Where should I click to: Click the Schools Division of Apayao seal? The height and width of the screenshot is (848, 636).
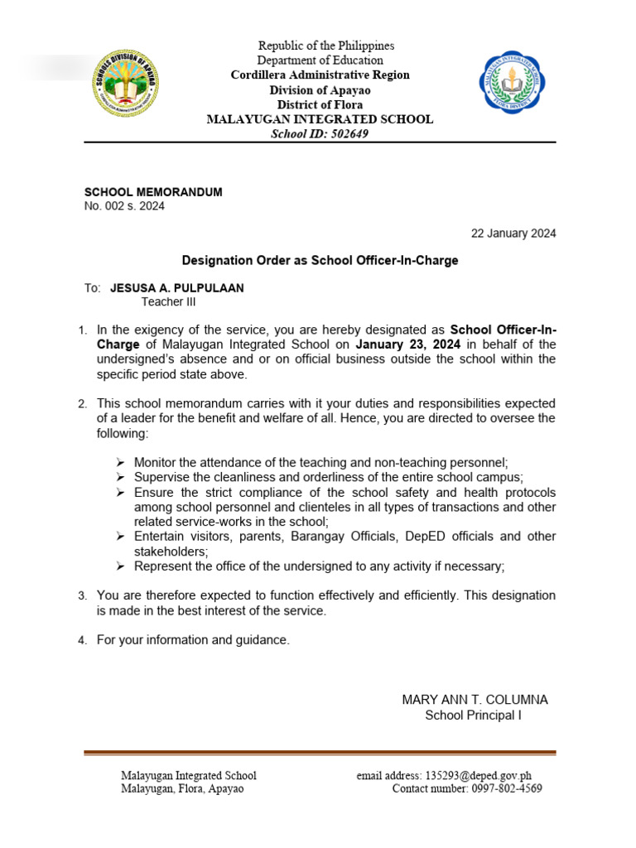tap(126, 84)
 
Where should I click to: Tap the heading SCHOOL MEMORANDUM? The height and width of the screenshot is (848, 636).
tap(153, 192)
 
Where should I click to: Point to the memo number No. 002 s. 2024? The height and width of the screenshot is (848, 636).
tap(124, 206)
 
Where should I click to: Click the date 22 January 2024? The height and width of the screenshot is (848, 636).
tap(513, 234)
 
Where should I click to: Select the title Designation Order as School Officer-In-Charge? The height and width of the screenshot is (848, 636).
tap(320, 260)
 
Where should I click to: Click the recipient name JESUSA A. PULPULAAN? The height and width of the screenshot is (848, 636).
tap(177, 288)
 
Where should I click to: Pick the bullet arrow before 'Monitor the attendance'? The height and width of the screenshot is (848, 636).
tap(120, 463)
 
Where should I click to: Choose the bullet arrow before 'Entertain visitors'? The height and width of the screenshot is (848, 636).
tap(120, 537)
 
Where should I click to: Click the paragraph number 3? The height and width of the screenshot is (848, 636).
tap(82, 596)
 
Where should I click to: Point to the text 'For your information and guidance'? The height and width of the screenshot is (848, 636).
tap(193, 640)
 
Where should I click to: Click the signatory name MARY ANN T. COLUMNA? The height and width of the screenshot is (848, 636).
tap(475, 700)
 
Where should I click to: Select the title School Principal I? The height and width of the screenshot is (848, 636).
tap(473, 715)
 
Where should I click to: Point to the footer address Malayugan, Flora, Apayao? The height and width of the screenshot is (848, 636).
tap(182, 789)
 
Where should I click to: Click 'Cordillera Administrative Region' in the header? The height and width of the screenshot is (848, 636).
tap(320, 75)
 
